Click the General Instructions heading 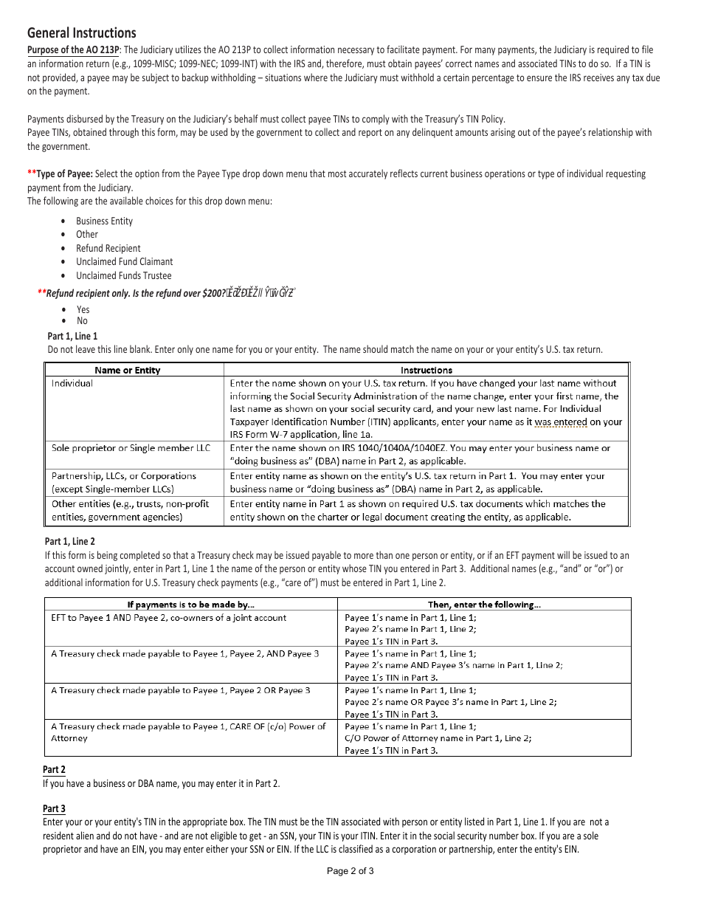81,33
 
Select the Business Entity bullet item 104,221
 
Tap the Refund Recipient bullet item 108,249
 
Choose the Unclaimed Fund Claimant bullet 124,262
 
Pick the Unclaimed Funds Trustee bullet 123,276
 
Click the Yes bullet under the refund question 83,310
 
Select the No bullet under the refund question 82,321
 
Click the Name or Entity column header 127,370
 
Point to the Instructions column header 427,370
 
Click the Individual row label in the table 72,383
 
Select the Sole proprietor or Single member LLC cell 131,448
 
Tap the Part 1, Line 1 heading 72,336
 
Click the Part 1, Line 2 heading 69,542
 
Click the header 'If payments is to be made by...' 190,605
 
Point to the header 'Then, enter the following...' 484,605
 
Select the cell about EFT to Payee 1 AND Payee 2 168,618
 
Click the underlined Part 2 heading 54,770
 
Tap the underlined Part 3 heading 54,808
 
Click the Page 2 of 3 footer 350,871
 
